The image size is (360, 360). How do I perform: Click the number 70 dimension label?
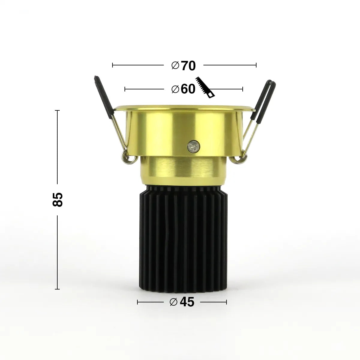pyautogui.click(x=188, y=66)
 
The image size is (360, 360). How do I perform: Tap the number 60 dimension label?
pyautogui.click(x=188, y=89)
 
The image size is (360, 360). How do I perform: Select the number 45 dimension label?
pyautogui.click(x=187, y=302)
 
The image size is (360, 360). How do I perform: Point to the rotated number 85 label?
pyautogui.click(x=57, y=199)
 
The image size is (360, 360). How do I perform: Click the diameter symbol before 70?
pyautogui.click(x=175, y=65)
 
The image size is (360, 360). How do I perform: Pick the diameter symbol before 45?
pyautogui.click(x=174, y=302)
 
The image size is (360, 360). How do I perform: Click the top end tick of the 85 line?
pyautogui.click(x=57, y=110)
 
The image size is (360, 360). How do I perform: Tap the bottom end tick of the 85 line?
pyautogui.click(x=57, y=289)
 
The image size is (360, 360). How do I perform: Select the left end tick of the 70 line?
pyautogui.click(x=112, y=65)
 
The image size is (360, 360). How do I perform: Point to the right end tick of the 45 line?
pyautogui.click(x=226, y=302)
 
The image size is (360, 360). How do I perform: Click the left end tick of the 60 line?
pyautogui.click(x=125, y=89)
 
